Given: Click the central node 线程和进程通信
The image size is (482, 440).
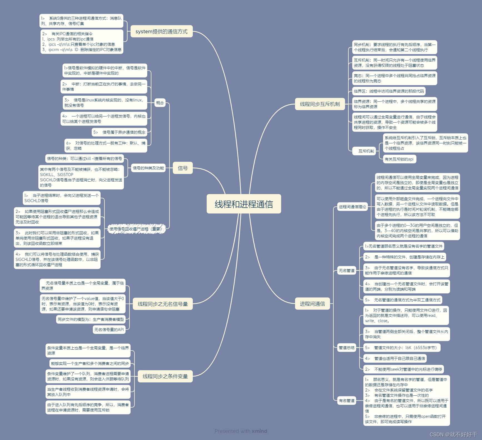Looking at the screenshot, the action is (244, 204).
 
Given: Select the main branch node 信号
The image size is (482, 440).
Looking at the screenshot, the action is (183, 168).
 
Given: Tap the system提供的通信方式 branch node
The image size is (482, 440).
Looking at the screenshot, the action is (161, 32).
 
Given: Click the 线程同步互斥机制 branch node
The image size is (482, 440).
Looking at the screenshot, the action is (320, 104).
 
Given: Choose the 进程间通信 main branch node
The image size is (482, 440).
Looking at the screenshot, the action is (312, 304).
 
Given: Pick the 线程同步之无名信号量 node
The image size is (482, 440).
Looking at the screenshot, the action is (163, 304).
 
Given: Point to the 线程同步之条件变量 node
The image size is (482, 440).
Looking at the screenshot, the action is (165, 376).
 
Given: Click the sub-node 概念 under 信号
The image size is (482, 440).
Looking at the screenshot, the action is (160, 103).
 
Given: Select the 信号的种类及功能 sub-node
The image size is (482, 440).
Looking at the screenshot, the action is (148, 168).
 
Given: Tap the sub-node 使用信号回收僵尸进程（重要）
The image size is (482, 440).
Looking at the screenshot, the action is (137, 229).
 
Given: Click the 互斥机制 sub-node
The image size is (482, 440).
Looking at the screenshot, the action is (366, 151).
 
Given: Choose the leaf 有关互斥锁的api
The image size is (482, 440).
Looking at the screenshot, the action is (399, 159).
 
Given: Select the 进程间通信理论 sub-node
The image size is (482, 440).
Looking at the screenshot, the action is (352, 207).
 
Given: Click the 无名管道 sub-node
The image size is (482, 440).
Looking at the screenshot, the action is (346, 271).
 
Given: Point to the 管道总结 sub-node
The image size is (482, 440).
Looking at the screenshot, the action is (346, 348).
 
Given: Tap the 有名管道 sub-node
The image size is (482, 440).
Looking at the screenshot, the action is (346, 401).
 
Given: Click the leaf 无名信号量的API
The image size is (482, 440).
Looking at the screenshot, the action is (109, 330).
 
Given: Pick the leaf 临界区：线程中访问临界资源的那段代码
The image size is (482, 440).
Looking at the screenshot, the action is (389, 91).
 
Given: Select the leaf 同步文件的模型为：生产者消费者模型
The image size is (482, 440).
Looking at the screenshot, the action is (91, 319).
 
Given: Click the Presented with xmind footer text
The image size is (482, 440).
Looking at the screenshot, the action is (241, 431).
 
